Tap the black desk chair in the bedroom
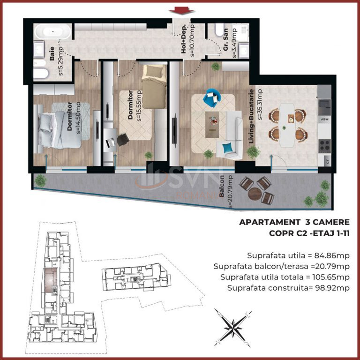click(x=123, y=139)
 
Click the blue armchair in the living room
click(x=211, y=97)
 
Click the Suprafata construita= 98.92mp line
click(x=288, y=288)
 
